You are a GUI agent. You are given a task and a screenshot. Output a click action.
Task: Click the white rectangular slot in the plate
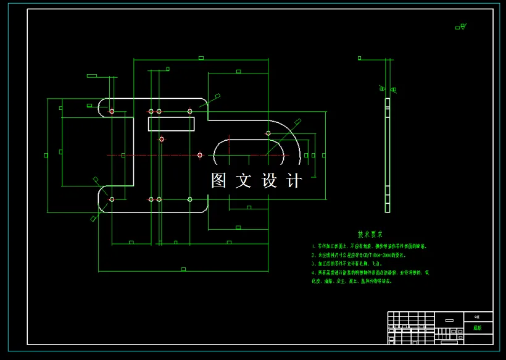pos(171,123)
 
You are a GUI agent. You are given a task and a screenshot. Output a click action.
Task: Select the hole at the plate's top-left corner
pos(112,111)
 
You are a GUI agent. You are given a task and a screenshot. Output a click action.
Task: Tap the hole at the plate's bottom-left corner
pos(112,199)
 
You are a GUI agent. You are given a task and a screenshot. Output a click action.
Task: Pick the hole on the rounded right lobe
pos(268,133)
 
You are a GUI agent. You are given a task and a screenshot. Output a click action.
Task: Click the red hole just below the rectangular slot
pos(162,139)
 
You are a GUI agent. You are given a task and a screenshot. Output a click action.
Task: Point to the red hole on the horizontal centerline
pos(200,155)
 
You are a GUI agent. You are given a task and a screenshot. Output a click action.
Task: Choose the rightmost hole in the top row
pos(190,111)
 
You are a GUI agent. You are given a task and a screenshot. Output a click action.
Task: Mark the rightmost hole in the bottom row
pos(190,199)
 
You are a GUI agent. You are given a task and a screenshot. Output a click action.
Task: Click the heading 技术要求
pos(370,235)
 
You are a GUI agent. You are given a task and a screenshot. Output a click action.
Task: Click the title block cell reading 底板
pos(478,329)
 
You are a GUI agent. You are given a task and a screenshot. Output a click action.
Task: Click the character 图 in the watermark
pos(219,181)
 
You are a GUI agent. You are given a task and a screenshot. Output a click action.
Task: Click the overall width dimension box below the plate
pos(183,269)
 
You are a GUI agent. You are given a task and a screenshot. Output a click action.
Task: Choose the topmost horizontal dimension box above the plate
pos(201,58)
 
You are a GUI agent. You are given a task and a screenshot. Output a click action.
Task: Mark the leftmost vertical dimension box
pos(46,155)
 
